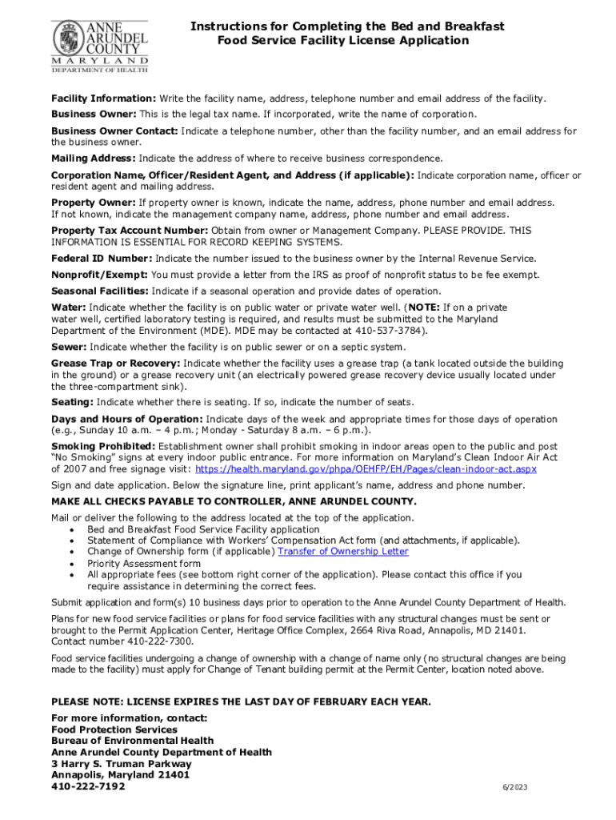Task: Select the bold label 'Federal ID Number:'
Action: point(102,258)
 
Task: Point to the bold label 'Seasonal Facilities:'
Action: point(100,291)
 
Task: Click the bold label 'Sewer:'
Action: point(69,347)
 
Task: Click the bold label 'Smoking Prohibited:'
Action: point(103,446)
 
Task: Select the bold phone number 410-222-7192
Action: point(88,786)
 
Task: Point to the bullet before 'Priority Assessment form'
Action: point(74,564)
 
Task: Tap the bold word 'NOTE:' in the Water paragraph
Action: point(424,307)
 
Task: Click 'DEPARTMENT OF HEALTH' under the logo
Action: point(100,70)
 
